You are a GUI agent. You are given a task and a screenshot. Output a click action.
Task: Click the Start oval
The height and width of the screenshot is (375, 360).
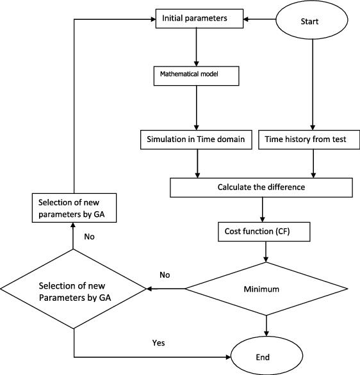point(312,20)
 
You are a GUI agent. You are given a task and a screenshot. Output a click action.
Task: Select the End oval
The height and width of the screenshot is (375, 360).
point(266,356)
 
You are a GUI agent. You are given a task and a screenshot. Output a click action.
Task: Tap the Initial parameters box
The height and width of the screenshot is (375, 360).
point(199,19)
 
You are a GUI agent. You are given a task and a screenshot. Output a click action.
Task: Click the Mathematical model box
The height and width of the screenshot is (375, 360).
point(196,76)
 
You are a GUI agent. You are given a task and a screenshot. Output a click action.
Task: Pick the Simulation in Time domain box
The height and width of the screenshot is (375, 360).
point(196,140)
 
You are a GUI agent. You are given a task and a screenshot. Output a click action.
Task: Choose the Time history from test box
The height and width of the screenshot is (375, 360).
point(309,140)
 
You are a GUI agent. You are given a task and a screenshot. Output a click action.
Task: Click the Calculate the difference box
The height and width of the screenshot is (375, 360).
point(261,187)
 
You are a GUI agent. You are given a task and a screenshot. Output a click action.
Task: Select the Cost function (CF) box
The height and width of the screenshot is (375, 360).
point(264,232)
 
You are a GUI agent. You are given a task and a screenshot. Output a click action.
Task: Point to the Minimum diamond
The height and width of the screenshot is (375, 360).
point(266,289)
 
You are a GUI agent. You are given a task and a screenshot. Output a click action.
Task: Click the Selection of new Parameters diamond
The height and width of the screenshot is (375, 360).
point(73,289)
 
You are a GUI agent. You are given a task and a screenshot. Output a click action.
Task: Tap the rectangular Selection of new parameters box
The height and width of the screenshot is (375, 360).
point(74,208)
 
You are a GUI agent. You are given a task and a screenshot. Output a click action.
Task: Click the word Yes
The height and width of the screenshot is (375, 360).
point(158,343)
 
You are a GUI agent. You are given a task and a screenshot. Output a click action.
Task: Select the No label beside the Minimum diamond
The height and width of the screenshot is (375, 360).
point(165,275)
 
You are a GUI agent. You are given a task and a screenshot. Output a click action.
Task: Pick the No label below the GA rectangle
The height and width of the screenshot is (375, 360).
point(89,237)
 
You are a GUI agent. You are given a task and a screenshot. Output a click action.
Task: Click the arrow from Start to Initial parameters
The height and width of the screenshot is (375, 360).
point(259,19)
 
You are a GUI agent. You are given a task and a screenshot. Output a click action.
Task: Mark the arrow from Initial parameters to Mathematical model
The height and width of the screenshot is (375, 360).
point(196,47)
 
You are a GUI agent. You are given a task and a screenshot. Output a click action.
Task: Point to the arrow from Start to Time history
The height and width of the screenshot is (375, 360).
point(313,84)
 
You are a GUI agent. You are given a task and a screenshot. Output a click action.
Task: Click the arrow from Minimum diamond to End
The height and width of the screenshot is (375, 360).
point(266,326)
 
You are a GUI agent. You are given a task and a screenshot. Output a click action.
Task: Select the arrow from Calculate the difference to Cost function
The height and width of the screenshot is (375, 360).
point(263,210)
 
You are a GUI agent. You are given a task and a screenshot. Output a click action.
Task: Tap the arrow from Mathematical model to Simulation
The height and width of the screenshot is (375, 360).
point(197,108)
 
